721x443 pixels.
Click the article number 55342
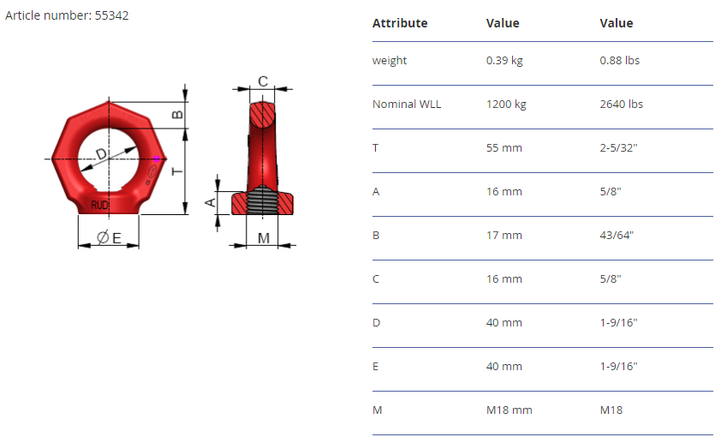111,15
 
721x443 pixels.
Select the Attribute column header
400,23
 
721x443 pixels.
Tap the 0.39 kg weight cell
504,60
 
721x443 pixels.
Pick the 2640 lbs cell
621,104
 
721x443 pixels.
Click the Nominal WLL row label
407,104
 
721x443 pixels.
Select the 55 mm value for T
504,147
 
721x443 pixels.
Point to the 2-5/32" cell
618,147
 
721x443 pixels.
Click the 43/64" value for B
617,235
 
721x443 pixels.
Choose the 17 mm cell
504,235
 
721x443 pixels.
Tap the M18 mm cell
509,410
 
